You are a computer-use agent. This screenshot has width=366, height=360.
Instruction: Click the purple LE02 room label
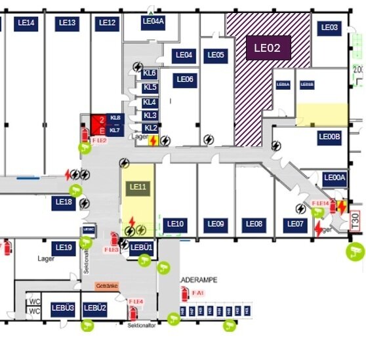tap(267, 48)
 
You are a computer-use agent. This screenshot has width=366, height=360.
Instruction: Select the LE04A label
tap(153, 22)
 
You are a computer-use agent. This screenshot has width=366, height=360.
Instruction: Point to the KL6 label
tap(150, 73)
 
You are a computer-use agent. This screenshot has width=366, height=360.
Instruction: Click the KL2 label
tap(151, 128)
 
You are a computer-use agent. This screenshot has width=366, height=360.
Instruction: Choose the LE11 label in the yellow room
tap(138, 187)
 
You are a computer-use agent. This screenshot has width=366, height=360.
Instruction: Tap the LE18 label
tap(64, 203)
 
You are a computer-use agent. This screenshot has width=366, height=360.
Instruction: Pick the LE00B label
tap(329, 137)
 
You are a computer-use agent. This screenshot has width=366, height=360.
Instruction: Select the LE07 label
tap(296, 224)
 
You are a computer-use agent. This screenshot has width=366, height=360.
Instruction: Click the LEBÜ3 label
tap(63, 308)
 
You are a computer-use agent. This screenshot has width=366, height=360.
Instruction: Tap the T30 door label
tap(356, 220)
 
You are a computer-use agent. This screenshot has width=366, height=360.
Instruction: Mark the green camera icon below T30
tap(356, 250)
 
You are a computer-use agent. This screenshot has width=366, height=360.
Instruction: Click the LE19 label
tap(64, 247)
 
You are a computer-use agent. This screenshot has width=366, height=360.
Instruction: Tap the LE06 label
tap(185, 79)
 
